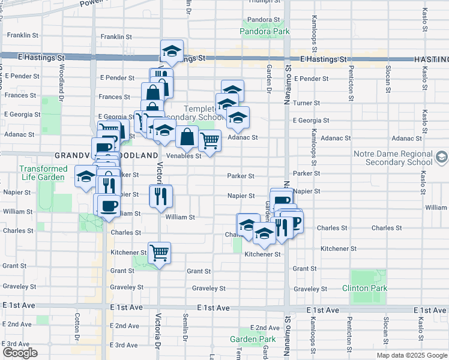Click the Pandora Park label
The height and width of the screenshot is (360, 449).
tap(265, 31)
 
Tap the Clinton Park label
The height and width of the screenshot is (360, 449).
tap(365, 289)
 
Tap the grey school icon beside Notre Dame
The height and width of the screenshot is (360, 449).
tap(442, 157)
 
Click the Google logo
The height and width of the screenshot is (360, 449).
tap(20, 353)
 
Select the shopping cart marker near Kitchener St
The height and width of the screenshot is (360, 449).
tap(159, 253)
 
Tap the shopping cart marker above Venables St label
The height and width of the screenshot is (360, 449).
tap(209, 141)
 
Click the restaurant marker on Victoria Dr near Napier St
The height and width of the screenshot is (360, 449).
tap(161, 196)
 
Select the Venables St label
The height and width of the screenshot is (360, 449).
tap(184, 156)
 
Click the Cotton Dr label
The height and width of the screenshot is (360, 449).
tap(77, 325)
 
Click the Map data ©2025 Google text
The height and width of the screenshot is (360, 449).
tap(411, 355)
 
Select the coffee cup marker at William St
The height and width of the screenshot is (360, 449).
tap(108, 206)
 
